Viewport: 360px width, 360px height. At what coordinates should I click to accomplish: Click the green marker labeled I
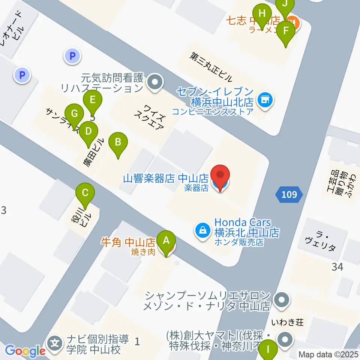pyautogui.click(x=268, y=351)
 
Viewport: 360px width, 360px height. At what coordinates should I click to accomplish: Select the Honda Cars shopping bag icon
pyautogui.click(x=202, y=229)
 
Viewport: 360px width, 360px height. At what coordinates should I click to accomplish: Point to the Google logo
pyautogui.click(x=25, y=351)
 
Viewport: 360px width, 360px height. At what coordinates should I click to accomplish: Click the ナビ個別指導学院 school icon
pyautogui.click(x=55, y=342)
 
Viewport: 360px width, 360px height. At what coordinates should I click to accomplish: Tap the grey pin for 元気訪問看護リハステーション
pyautogui.click(x=154, y=81)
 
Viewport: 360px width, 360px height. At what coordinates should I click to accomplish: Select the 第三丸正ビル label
pyautogui.click(x=211, y=67)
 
